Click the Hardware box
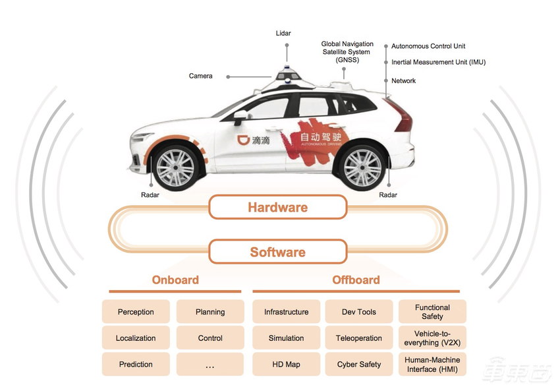[278, 207]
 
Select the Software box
[278, 252]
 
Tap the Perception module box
[136, 312]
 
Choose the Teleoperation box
[359, 338]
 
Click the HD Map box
[286, 364]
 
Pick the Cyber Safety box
[359, 364]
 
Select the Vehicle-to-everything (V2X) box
[432, 338]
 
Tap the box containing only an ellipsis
[210, 364]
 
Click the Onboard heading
[175, 280]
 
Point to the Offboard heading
[356, 280]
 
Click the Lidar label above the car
[283, 33]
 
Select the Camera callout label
[201, 76]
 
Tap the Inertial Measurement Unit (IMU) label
[439, 62]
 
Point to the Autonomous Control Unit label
[428, 46]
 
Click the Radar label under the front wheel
[150, 195]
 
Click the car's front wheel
[175, 167]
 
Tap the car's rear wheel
[362, 167]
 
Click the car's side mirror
[240, 117]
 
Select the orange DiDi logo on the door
[243, 140]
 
